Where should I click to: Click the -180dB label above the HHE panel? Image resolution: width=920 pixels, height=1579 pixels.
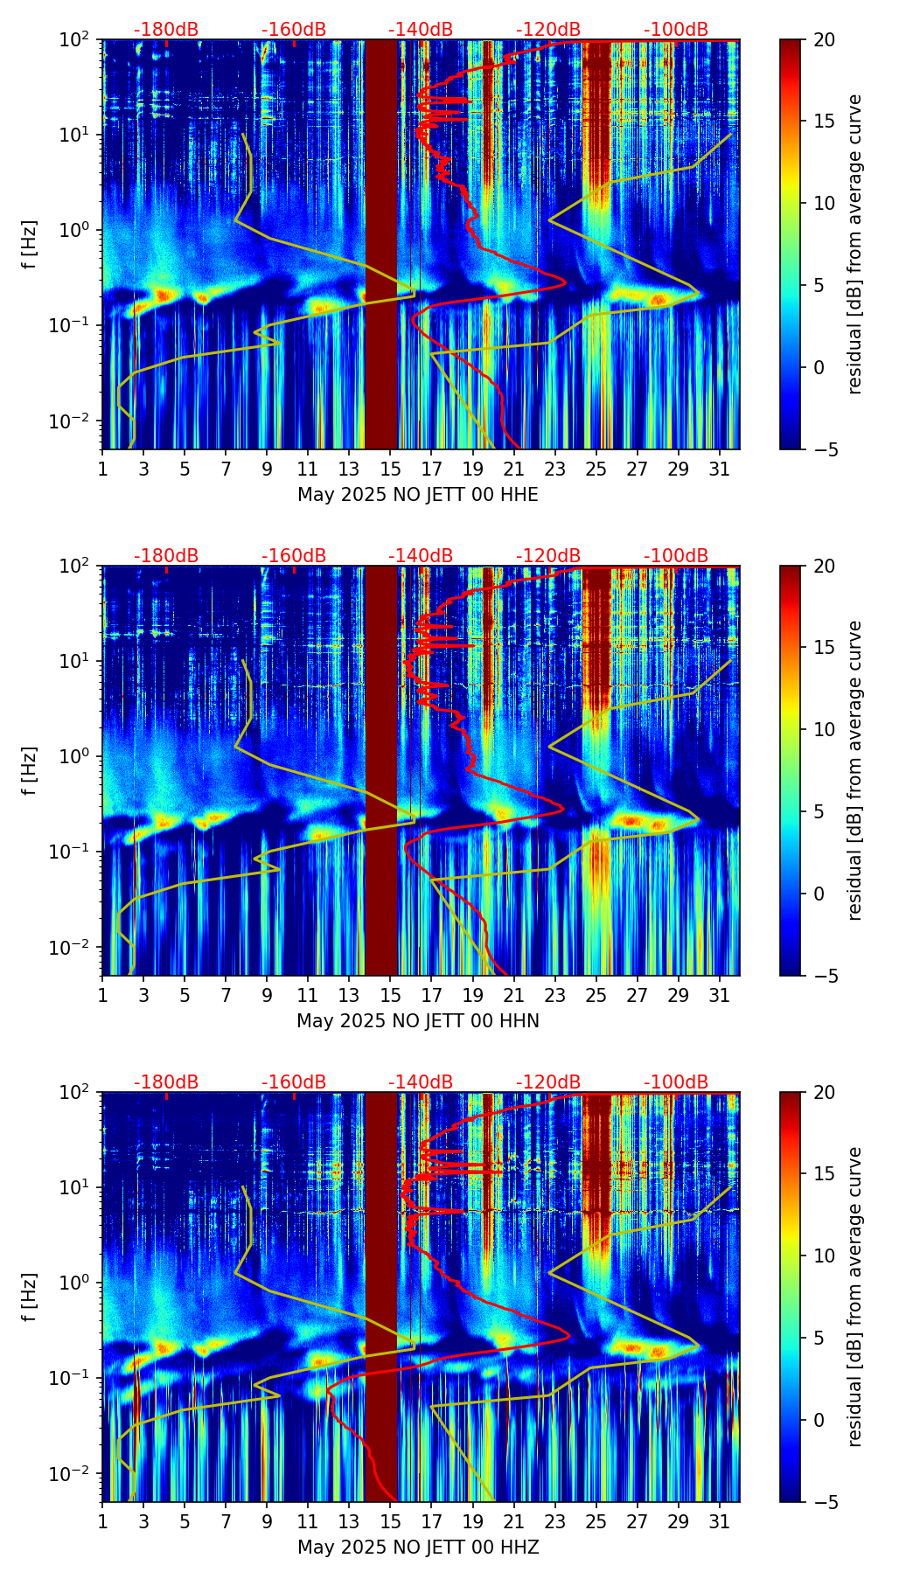click(x=166, y=30)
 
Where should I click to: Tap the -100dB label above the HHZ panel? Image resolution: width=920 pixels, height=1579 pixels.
click(x=676, y=1082)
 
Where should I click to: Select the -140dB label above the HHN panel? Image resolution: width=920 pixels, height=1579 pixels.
click(x=421, y=556)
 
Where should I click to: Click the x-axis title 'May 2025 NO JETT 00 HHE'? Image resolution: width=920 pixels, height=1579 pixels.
click(x=418, y=495)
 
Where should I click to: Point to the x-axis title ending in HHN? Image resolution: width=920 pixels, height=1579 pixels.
click(x=418, y=1021)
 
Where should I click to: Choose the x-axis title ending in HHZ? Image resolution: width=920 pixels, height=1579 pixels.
click(x=418, y=1548)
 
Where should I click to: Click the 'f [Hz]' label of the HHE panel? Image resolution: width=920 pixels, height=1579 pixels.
click(x=31, y=244)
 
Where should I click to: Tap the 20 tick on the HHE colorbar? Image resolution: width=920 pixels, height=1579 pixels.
click(x=824, y=39)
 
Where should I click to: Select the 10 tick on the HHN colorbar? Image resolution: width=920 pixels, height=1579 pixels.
click(x=824, y=729)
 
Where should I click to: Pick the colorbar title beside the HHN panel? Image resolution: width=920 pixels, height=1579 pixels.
click(x=854, y=770)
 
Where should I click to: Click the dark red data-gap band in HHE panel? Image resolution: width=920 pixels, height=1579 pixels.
click(x=380, y=244)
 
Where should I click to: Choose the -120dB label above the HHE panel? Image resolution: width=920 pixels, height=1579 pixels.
click(x=548, y=30)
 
